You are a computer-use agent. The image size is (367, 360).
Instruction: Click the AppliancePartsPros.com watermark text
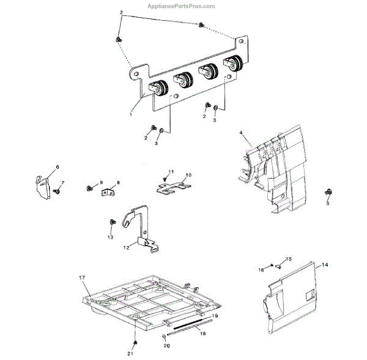pyautogui.click(x=181, y=6)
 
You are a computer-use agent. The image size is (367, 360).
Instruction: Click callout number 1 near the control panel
pyautogui.click(x=131, y=113)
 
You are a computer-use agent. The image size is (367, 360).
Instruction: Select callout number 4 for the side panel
pyautogui.click(x=242, y=133)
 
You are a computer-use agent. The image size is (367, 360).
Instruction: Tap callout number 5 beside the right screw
pyautogui.click(x=327, y=203)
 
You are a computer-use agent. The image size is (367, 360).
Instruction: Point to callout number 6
pyautogui.click(x=40, y=167)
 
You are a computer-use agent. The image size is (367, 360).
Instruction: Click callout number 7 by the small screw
pyautogui.click(x=62, y=183)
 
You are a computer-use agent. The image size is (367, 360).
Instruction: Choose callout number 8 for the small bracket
pyautogui.click(x=118, y=182)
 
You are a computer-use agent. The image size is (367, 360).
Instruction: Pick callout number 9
pyautogui.click(x=101, y=183)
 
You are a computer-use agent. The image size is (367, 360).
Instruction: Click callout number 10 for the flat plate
pyautogui.click(x=188, y=175)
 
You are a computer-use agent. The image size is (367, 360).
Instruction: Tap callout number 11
pyautogui.click(x=172, y=171)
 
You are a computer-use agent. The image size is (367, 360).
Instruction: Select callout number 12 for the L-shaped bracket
pyautogui.click(x=126, y=248)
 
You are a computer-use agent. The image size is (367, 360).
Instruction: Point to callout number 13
pyautogui.click(x=111, y=237)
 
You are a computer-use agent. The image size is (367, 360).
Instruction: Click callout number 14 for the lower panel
pyautogui.click(x=342, y=264)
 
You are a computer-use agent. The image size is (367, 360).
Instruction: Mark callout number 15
pyautogui.click(x=289, y=259)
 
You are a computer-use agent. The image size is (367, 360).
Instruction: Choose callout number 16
pyautogui.click(x=260, y=269)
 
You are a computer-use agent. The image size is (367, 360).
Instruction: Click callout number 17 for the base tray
pyautogui.click(x=81, y=278)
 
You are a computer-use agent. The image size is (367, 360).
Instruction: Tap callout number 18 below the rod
pyautogui.click(x=204, y=334)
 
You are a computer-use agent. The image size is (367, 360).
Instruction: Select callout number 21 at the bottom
pyautogui.click(x=130, y=354)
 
